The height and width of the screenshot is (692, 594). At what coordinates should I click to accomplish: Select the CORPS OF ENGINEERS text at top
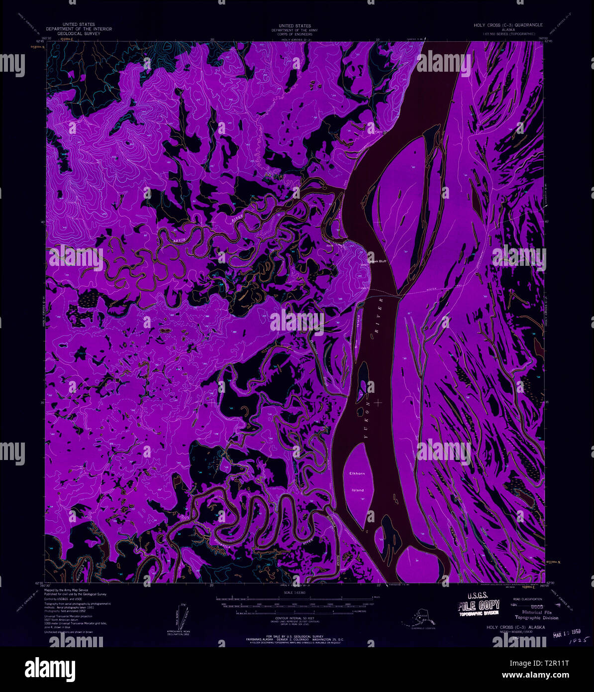coord(295,33)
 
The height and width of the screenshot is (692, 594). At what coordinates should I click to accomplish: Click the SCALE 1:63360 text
coord(294,591)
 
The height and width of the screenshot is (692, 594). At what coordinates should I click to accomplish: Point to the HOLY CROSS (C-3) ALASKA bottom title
coord(514,627)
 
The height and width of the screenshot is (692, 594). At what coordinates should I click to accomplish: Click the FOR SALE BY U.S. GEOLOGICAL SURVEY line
coord(295,636)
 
